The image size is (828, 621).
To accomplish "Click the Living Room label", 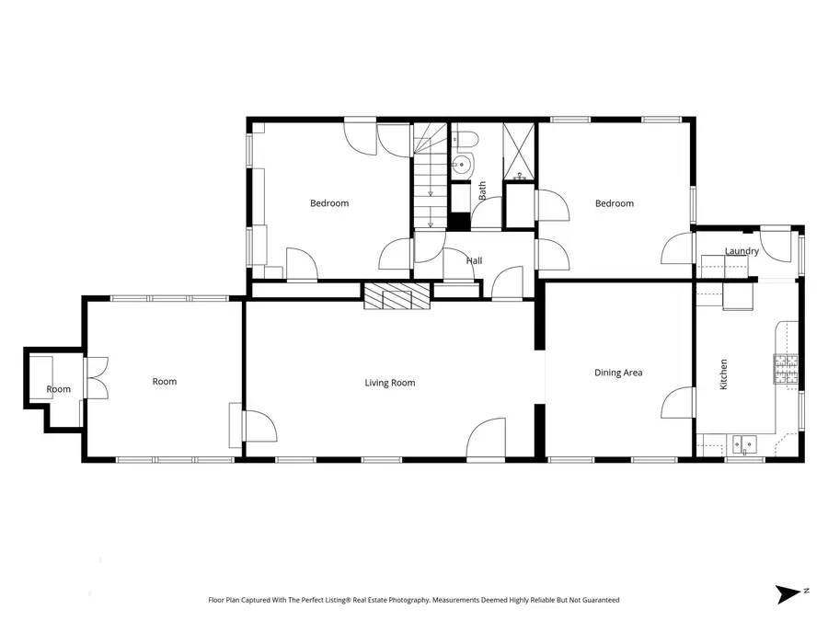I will coord(390,383).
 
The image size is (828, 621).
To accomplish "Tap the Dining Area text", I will coord(618,373).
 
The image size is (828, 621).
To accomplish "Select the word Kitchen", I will coord(723,374).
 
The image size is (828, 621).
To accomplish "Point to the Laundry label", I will coord(742,251).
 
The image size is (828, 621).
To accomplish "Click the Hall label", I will coord(474,261).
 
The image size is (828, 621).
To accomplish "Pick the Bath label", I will coord(482,191).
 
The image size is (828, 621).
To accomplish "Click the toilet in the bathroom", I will coord(466,140).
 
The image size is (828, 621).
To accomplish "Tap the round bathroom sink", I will coord(462,166).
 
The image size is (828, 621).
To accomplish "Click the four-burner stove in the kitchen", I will coord(786,369).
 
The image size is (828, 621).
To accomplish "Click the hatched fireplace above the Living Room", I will coord(397,296).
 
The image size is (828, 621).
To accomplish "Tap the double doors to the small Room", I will coord(95,378).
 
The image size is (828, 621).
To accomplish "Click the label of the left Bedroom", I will coord(329,203).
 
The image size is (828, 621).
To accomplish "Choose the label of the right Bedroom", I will coord(614,203).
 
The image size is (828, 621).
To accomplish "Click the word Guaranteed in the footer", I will coord(599,600).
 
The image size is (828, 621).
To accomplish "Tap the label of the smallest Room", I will coord(58,389).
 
